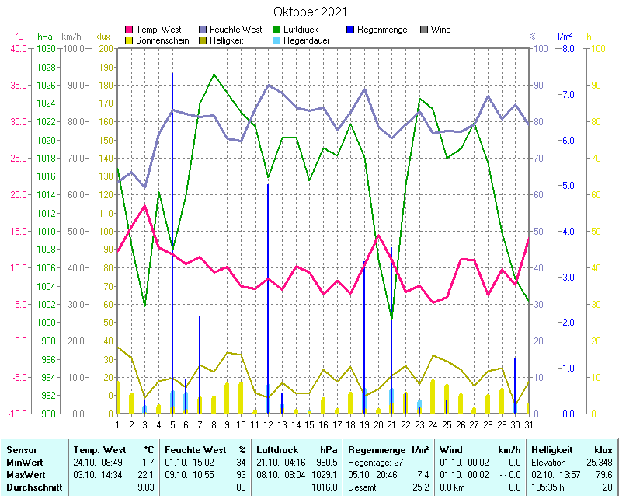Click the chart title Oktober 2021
point(310,12)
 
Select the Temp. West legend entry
point(158,30)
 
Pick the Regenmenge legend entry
point(382,30)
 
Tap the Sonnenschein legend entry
point(162,40)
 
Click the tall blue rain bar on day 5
point(172,233)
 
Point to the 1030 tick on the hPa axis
point(46,48)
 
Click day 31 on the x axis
point(528,424)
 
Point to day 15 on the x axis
point(309,424)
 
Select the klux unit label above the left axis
point(103,37)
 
